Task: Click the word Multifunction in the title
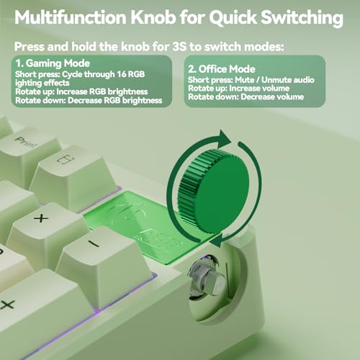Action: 71,17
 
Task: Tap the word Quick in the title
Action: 233,18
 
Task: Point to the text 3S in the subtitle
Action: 179,46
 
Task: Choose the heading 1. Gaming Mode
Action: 53,63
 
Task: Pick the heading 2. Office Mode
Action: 222,69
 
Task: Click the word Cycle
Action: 71,74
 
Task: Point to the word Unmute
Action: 274,80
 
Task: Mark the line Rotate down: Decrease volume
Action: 246,97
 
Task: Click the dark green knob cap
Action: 214,191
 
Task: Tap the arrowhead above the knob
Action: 224,139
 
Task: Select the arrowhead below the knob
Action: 217,240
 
